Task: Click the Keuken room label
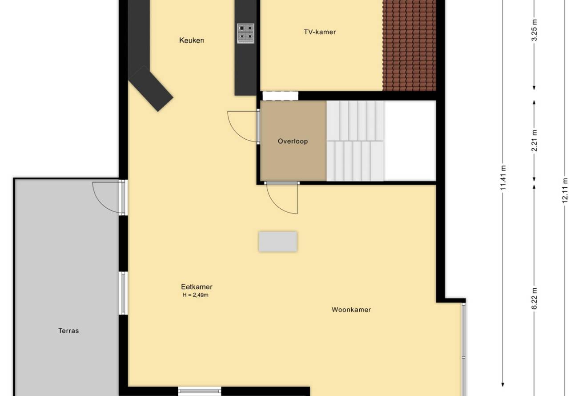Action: tap(192, 40)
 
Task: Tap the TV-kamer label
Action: tap(320, 32)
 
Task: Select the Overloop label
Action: tap(293, 141)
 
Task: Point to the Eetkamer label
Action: tap(197, 287)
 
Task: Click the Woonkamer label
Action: tap(351, 310)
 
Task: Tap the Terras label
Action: tap(68, 331)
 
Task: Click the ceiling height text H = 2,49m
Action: tap(195, 295)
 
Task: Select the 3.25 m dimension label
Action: tap(534, 30)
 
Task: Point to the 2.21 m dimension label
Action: tap(534, 141)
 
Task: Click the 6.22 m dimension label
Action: tap(534, 299)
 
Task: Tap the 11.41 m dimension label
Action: tap(503, 178)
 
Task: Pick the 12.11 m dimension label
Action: tap(565, 190)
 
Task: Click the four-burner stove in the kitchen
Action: tap(245, 33)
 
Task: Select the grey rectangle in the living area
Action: tap(278, 241)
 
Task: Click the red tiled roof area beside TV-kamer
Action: tap(409, 45)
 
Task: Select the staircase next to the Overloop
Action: tap(355, 141)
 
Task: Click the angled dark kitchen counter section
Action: tap(151, 89)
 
